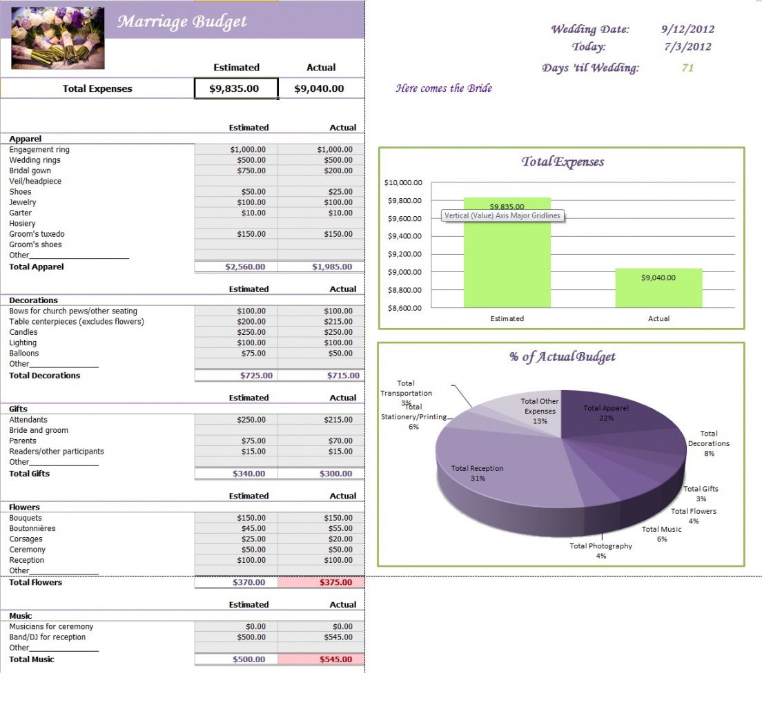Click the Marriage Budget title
point(182,21)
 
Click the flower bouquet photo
point(58,38)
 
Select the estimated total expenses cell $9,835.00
point(236,88)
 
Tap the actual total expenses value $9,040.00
point(319,88)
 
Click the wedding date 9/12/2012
point(687,29)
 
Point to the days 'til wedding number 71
point(687,68)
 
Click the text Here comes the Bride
point(443,88)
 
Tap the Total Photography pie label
point(600,546)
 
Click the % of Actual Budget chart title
point(562,357)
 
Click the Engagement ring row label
point(39,150)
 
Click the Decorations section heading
point(34,300)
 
